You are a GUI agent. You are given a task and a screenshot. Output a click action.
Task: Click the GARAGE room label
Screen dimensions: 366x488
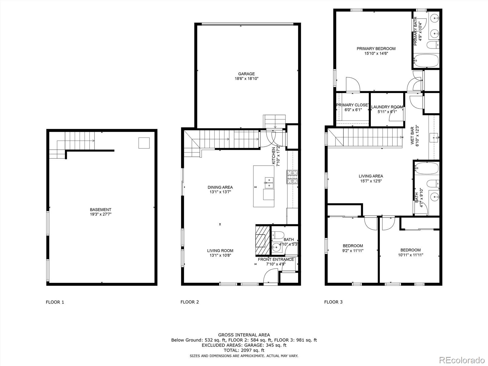click(x=246, y=74)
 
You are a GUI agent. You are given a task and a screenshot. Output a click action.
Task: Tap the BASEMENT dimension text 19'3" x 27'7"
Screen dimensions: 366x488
click(x=101, y=214)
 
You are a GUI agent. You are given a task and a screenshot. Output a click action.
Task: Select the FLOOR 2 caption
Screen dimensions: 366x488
click(x=190, y=302)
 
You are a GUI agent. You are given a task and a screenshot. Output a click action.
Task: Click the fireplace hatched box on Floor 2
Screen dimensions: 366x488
click(x=263, y=240)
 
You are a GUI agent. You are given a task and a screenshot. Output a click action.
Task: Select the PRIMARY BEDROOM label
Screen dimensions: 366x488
click(x=376, y=48)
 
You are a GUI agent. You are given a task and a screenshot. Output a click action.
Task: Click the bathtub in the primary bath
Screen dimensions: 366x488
click(x=426, y=60)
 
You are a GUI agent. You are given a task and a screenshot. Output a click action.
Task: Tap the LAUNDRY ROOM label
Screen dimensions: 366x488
click(x=387, y=107)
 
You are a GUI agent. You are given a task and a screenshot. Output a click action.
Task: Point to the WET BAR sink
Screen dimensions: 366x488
click(x=434, y=138)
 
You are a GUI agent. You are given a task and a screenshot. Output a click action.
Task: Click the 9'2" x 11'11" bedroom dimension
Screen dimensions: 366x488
click(x=353, y=251)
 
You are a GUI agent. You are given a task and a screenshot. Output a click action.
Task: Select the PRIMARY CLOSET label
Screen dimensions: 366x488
click(x=352, y=105)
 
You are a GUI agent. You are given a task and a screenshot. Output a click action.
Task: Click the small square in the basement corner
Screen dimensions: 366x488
click(x=144, y=143)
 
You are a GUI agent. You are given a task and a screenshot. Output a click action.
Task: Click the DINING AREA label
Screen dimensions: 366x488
click(x=220, y=187)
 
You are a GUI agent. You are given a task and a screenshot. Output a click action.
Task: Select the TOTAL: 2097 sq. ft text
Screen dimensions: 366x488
click(x=244, y=350)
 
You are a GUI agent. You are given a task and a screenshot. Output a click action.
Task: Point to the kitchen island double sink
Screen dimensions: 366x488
click(x=269, y=182)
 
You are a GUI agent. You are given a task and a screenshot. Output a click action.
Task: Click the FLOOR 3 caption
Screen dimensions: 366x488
click(x=333, y=302)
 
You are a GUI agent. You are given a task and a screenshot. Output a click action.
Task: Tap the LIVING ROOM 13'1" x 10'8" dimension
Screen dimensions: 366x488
click(x=220, y=256)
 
